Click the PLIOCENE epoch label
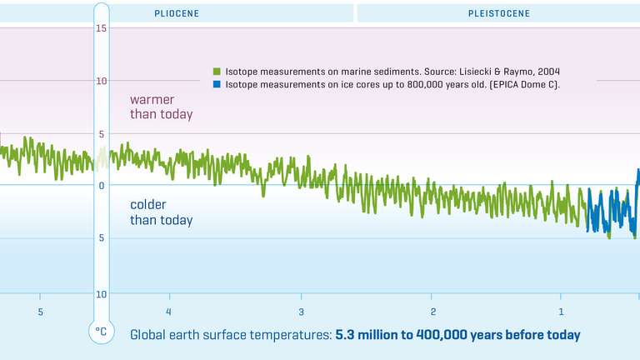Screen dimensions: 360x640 coord(176,13)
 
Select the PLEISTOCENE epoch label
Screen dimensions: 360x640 coord(498,13)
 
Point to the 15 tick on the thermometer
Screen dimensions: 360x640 coord(101,29)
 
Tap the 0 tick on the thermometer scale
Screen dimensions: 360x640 coord(101,186)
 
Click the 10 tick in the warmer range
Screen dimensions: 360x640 coord(101,81)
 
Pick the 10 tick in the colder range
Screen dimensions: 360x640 coord(101,294)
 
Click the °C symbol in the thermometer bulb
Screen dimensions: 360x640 coord(101,331)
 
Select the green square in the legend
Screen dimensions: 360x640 coord(217,72)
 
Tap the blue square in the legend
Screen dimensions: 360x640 coord(217,84)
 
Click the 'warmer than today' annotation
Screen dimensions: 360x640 coord(161,107)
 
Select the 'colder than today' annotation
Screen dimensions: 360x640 coord(161,212)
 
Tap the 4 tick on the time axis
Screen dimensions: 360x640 coord(169,312)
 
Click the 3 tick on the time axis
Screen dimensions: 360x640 coord(302,312)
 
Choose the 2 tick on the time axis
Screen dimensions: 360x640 coord(433,312)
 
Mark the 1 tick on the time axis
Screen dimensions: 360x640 coord(562,312)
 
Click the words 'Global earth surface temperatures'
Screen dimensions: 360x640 coord(230,335)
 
